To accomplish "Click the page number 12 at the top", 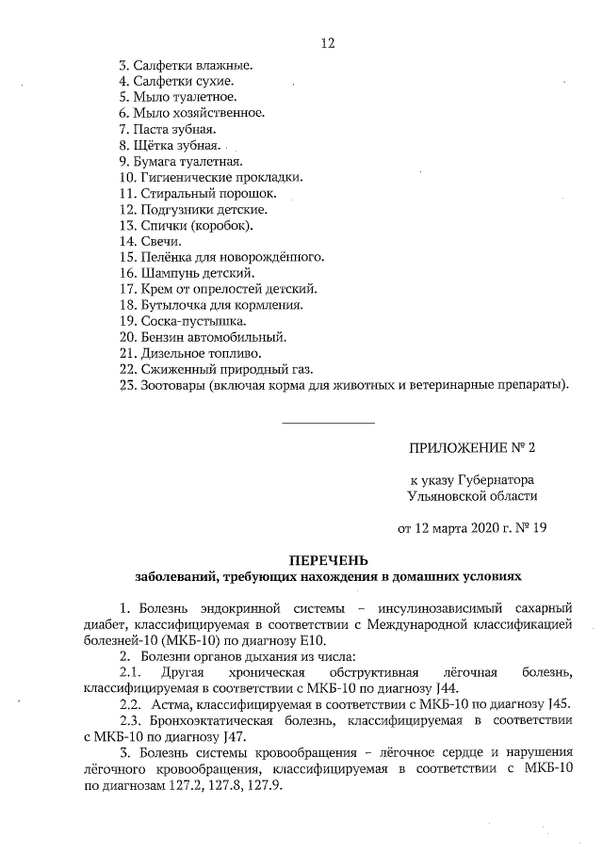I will [328, 43].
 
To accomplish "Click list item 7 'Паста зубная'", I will [169, 128].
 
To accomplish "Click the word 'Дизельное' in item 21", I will [175, 352].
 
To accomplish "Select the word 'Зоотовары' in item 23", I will [173, 384].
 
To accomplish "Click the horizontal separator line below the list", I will [328, 421].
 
